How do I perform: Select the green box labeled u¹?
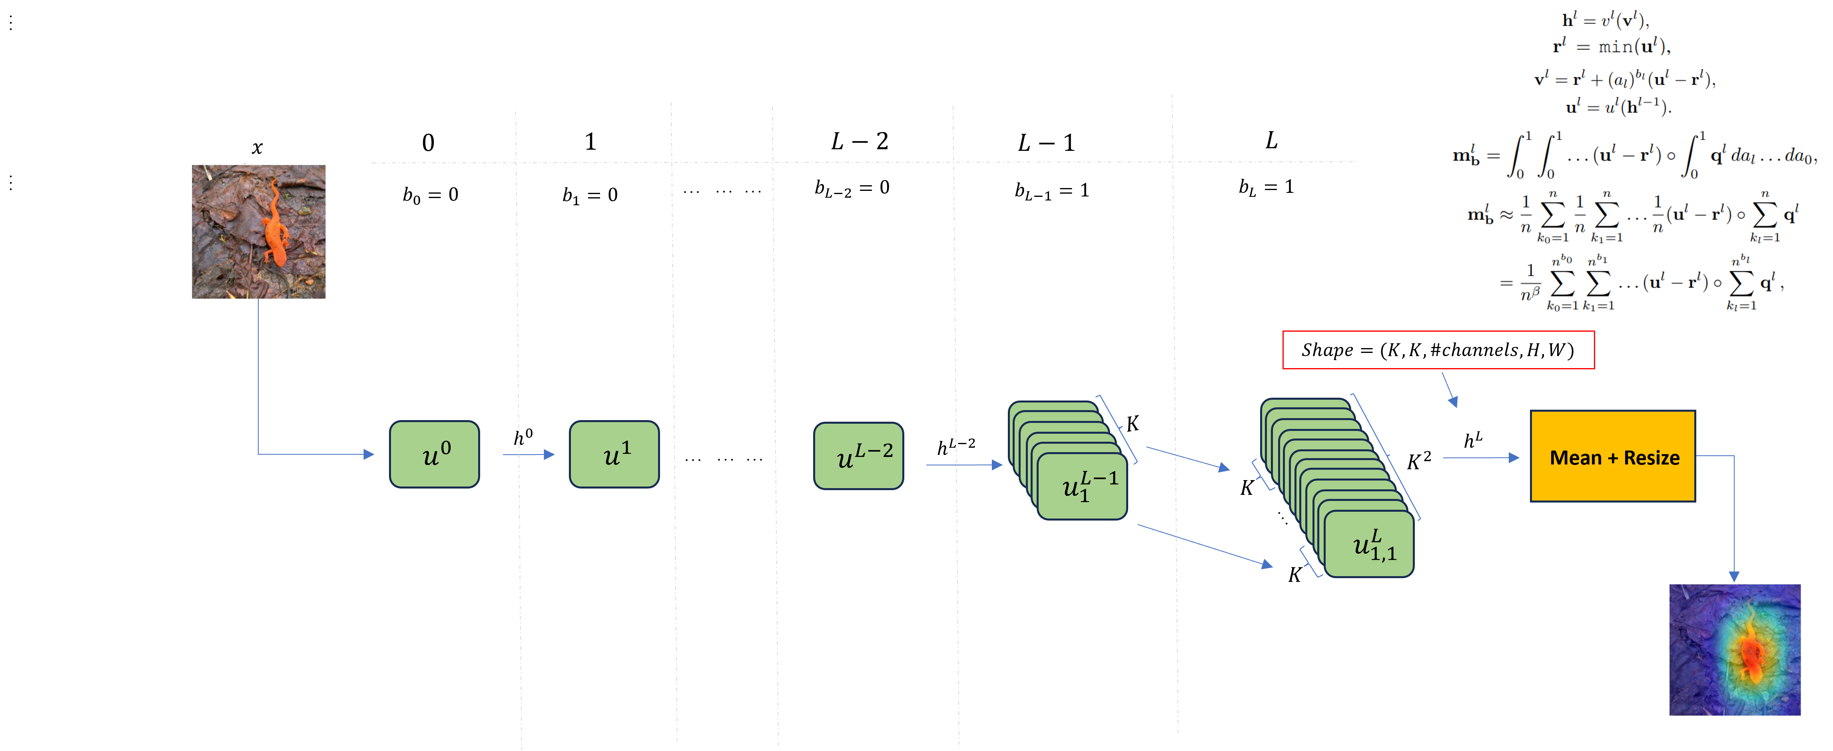point(614,454)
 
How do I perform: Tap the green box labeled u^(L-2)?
point(858,456)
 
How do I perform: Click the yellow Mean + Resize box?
point(1612,456)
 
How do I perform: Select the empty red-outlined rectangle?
point(1438,350)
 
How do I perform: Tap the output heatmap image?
point(1734,649)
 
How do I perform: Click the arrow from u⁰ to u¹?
point(528,454)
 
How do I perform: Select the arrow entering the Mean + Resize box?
point(1480,458)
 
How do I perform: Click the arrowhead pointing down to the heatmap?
point(1734,575)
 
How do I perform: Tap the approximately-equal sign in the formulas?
point(1506,215)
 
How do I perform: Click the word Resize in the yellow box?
point(1651,458)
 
